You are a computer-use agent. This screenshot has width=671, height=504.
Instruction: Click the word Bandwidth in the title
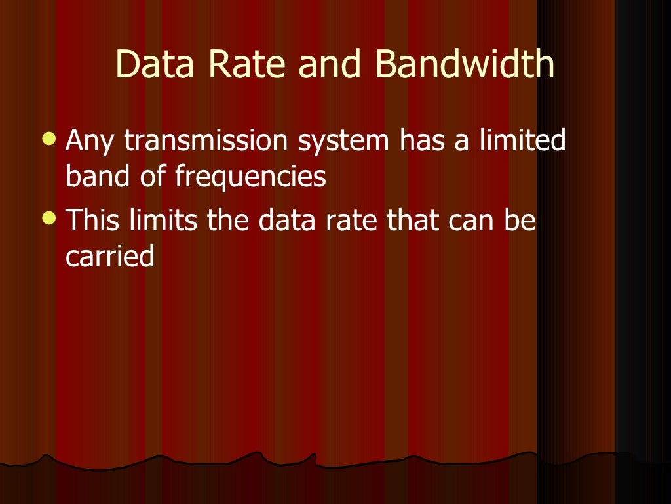(x=465, y=64)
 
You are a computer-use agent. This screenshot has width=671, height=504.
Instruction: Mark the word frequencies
(x=250, y=178)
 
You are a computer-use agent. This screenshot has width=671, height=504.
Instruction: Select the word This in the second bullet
(x=92, y=221)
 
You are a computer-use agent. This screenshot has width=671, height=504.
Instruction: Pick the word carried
(x=109, y=257)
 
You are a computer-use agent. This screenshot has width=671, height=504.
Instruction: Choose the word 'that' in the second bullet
(x=413, y=221)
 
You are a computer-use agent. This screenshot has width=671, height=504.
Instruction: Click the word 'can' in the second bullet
(x=472, y=222)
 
